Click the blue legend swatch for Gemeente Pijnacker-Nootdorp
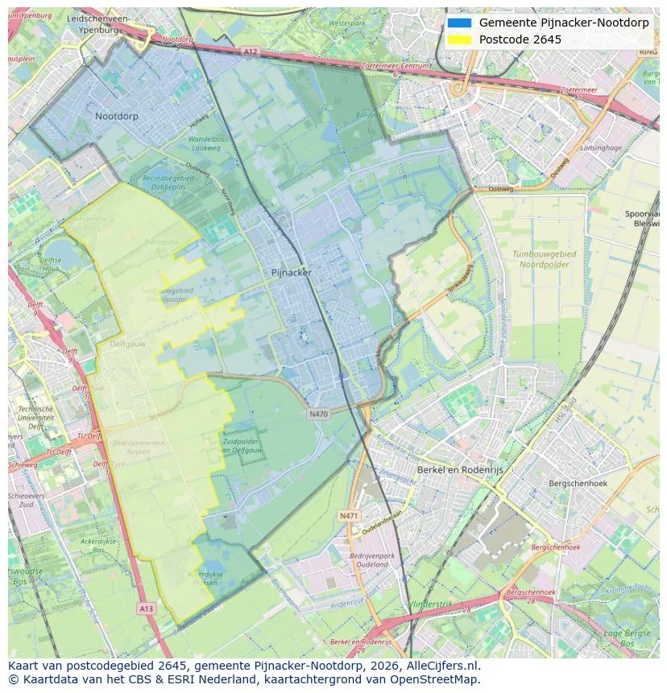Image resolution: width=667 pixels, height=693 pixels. point(459,23)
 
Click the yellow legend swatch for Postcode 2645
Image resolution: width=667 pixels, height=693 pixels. point(459,39)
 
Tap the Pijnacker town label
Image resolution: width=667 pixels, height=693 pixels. point(291,273)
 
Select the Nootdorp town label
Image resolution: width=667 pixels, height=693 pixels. point(117,117)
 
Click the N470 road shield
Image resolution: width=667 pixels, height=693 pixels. point(319,414)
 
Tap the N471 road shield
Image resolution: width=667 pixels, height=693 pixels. point(348,515)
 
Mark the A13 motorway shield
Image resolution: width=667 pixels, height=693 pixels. point(146,608)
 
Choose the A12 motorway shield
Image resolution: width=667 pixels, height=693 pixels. point(250,52)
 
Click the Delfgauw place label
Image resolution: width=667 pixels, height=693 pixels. point(126,343)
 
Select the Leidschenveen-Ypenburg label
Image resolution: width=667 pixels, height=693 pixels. point(99,23)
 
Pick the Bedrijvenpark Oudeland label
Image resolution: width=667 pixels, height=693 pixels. point(372,560)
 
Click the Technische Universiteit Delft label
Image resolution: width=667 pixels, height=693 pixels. point(35,417)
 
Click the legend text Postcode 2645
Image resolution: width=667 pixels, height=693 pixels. point(520,39)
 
